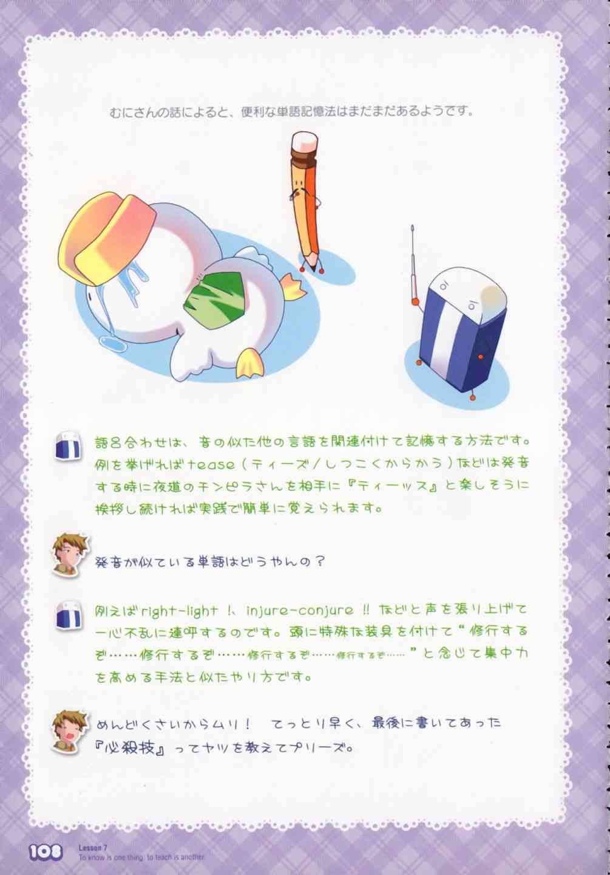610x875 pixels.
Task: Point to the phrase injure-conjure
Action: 300,611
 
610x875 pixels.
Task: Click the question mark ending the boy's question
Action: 319,562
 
